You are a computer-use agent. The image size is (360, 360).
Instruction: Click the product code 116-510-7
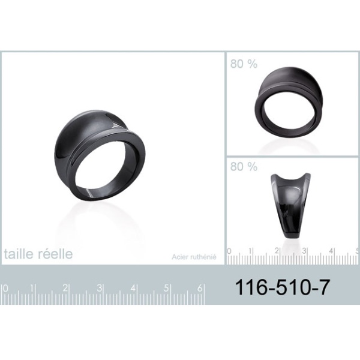pyautogui.click(x=283, y=287)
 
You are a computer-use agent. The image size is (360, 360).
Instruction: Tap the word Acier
pyautogui.click(x=180, y=257)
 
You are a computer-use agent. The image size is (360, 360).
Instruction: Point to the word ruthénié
pyautogui.click(x=203, y=257)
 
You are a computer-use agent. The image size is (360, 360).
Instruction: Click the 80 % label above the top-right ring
pyautogui.click(x=244, y=64)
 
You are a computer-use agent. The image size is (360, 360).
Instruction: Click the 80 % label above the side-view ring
pyautogui.click(x=244, y=166)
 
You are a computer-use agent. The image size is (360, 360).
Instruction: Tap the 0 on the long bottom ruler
pyautogui.click(x=5, y=288)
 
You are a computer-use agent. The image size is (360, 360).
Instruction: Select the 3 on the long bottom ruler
pyautogui.click(x=99, y=288)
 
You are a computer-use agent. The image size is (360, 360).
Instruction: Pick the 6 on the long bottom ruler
pyautogui.click(x=200, y=288)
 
